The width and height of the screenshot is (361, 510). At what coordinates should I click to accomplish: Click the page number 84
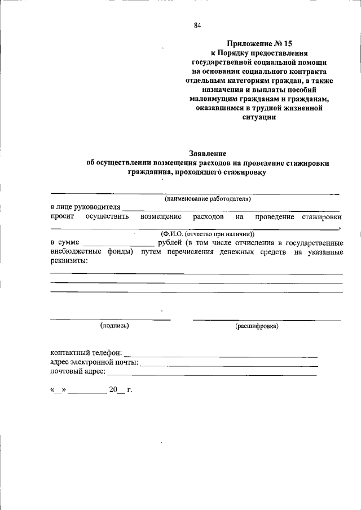197,25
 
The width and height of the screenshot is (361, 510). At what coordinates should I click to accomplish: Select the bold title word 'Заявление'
207,153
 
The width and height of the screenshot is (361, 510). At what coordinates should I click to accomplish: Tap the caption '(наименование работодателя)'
208,199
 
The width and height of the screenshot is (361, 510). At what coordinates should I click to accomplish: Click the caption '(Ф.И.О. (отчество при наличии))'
208,233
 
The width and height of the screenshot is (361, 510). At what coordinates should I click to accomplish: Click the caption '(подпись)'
115,325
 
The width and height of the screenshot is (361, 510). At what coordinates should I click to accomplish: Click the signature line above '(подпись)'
110,320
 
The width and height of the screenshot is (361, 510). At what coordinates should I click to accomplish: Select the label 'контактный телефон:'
86,353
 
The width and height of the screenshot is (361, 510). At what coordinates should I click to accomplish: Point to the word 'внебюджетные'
76,252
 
